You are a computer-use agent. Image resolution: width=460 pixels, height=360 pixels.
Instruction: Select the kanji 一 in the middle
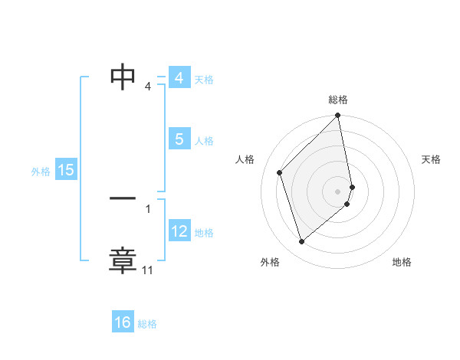(123, 198)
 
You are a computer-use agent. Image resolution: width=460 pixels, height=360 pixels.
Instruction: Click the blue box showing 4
(179, 78)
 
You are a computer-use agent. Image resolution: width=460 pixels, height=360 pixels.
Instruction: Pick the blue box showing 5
(179, 139)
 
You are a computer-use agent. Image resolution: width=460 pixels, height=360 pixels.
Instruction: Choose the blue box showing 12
(179, 231)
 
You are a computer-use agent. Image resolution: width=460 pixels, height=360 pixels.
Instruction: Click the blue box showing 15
(66, 170)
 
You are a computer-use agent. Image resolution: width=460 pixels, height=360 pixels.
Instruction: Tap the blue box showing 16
(123, 322)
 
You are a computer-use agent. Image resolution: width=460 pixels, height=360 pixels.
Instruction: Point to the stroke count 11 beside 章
(148, 270)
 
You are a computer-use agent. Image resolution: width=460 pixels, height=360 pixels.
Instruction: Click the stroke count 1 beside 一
(148, 208)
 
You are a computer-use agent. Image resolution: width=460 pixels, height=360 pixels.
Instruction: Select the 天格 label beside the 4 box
(204, 79)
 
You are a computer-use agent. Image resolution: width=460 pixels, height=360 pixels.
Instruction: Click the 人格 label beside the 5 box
(204, 140)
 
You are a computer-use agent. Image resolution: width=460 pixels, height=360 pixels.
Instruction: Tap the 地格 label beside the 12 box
(204, 232)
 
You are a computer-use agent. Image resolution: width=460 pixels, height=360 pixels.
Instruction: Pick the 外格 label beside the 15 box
(41, 172)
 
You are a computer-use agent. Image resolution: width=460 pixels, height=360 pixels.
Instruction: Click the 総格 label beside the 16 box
(147, 324)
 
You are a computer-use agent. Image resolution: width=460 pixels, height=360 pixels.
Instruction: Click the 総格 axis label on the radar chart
(338, 100)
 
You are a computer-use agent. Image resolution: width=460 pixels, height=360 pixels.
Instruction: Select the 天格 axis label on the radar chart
(432, 159)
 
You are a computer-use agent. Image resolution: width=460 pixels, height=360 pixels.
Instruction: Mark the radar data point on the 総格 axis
(338, 116)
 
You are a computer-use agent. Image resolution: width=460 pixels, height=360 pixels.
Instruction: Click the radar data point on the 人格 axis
(280, 172)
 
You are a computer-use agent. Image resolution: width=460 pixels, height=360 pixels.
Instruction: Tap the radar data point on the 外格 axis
(301, 242)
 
